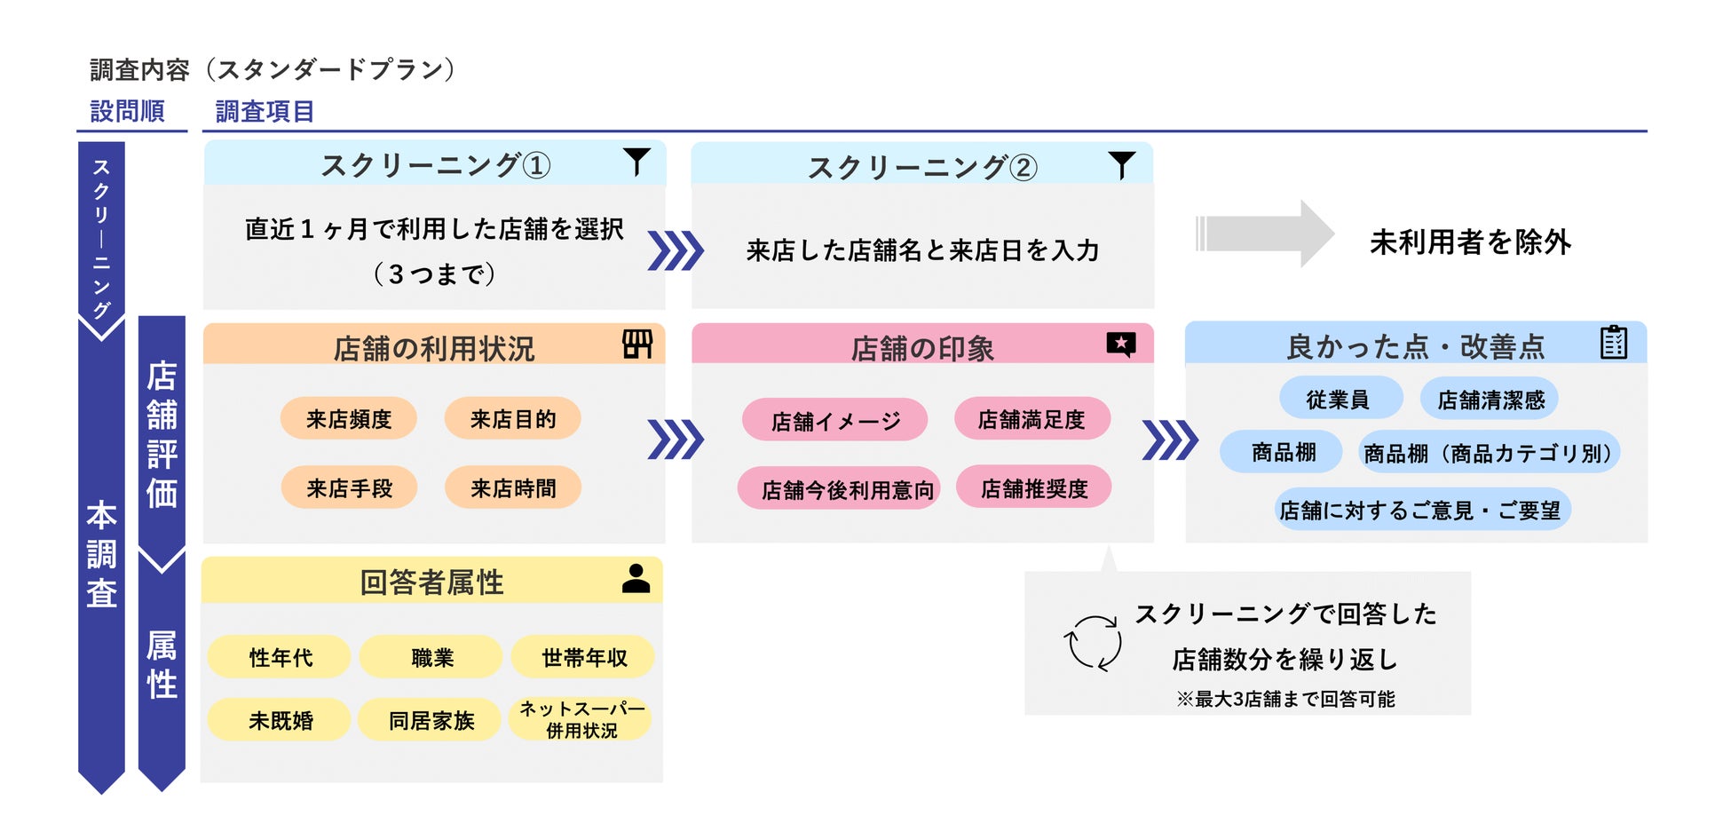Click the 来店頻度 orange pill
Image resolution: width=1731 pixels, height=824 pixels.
(348, 419)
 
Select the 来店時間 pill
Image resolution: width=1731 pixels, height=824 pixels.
(513, 488)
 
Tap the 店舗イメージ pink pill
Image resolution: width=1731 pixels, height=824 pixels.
(835, 421)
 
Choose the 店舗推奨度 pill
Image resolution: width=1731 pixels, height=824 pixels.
(1034, 488)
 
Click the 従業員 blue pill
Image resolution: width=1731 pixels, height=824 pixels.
(1338, 400)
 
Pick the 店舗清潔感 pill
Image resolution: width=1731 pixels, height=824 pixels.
(1491, 400)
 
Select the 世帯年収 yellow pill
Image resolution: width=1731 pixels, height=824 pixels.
(584, 658)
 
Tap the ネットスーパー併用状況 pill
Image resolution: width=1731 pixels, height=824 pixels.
(581, 720)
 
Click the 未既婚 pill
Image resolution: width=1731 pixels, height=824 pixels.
(281, 720)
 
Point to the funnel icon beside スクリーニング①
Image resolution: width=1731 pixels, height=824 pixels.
(636, 162)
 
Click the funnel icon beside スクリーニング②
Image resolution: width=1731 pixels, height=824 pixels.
(1122, 164)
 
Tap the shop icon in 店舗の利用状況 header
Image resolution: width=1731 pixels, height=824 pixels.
(637, 344)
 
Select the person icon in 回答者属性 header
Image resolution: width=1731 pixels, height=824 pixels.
(636, 579)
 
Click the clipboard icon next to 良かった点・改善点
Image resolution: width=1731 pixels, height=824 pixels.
(1614, 342)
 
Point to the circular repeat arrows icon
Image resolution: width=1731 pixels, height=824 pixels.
(1093, 643)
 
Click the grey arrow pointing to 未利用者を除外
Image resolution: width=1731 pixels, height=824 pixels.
(1264, 234)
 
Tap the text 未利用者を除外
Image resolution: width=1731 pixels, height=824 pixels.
(1470, 242)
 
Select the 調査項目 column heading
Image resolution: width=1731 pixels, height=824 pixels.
(265, 111)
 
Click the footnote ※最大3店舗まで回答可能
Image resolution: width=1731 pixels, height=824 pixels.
(1285, 699)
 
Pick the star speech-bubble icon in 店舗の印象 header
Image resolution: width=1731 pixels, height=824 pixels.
(1121, 344)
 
